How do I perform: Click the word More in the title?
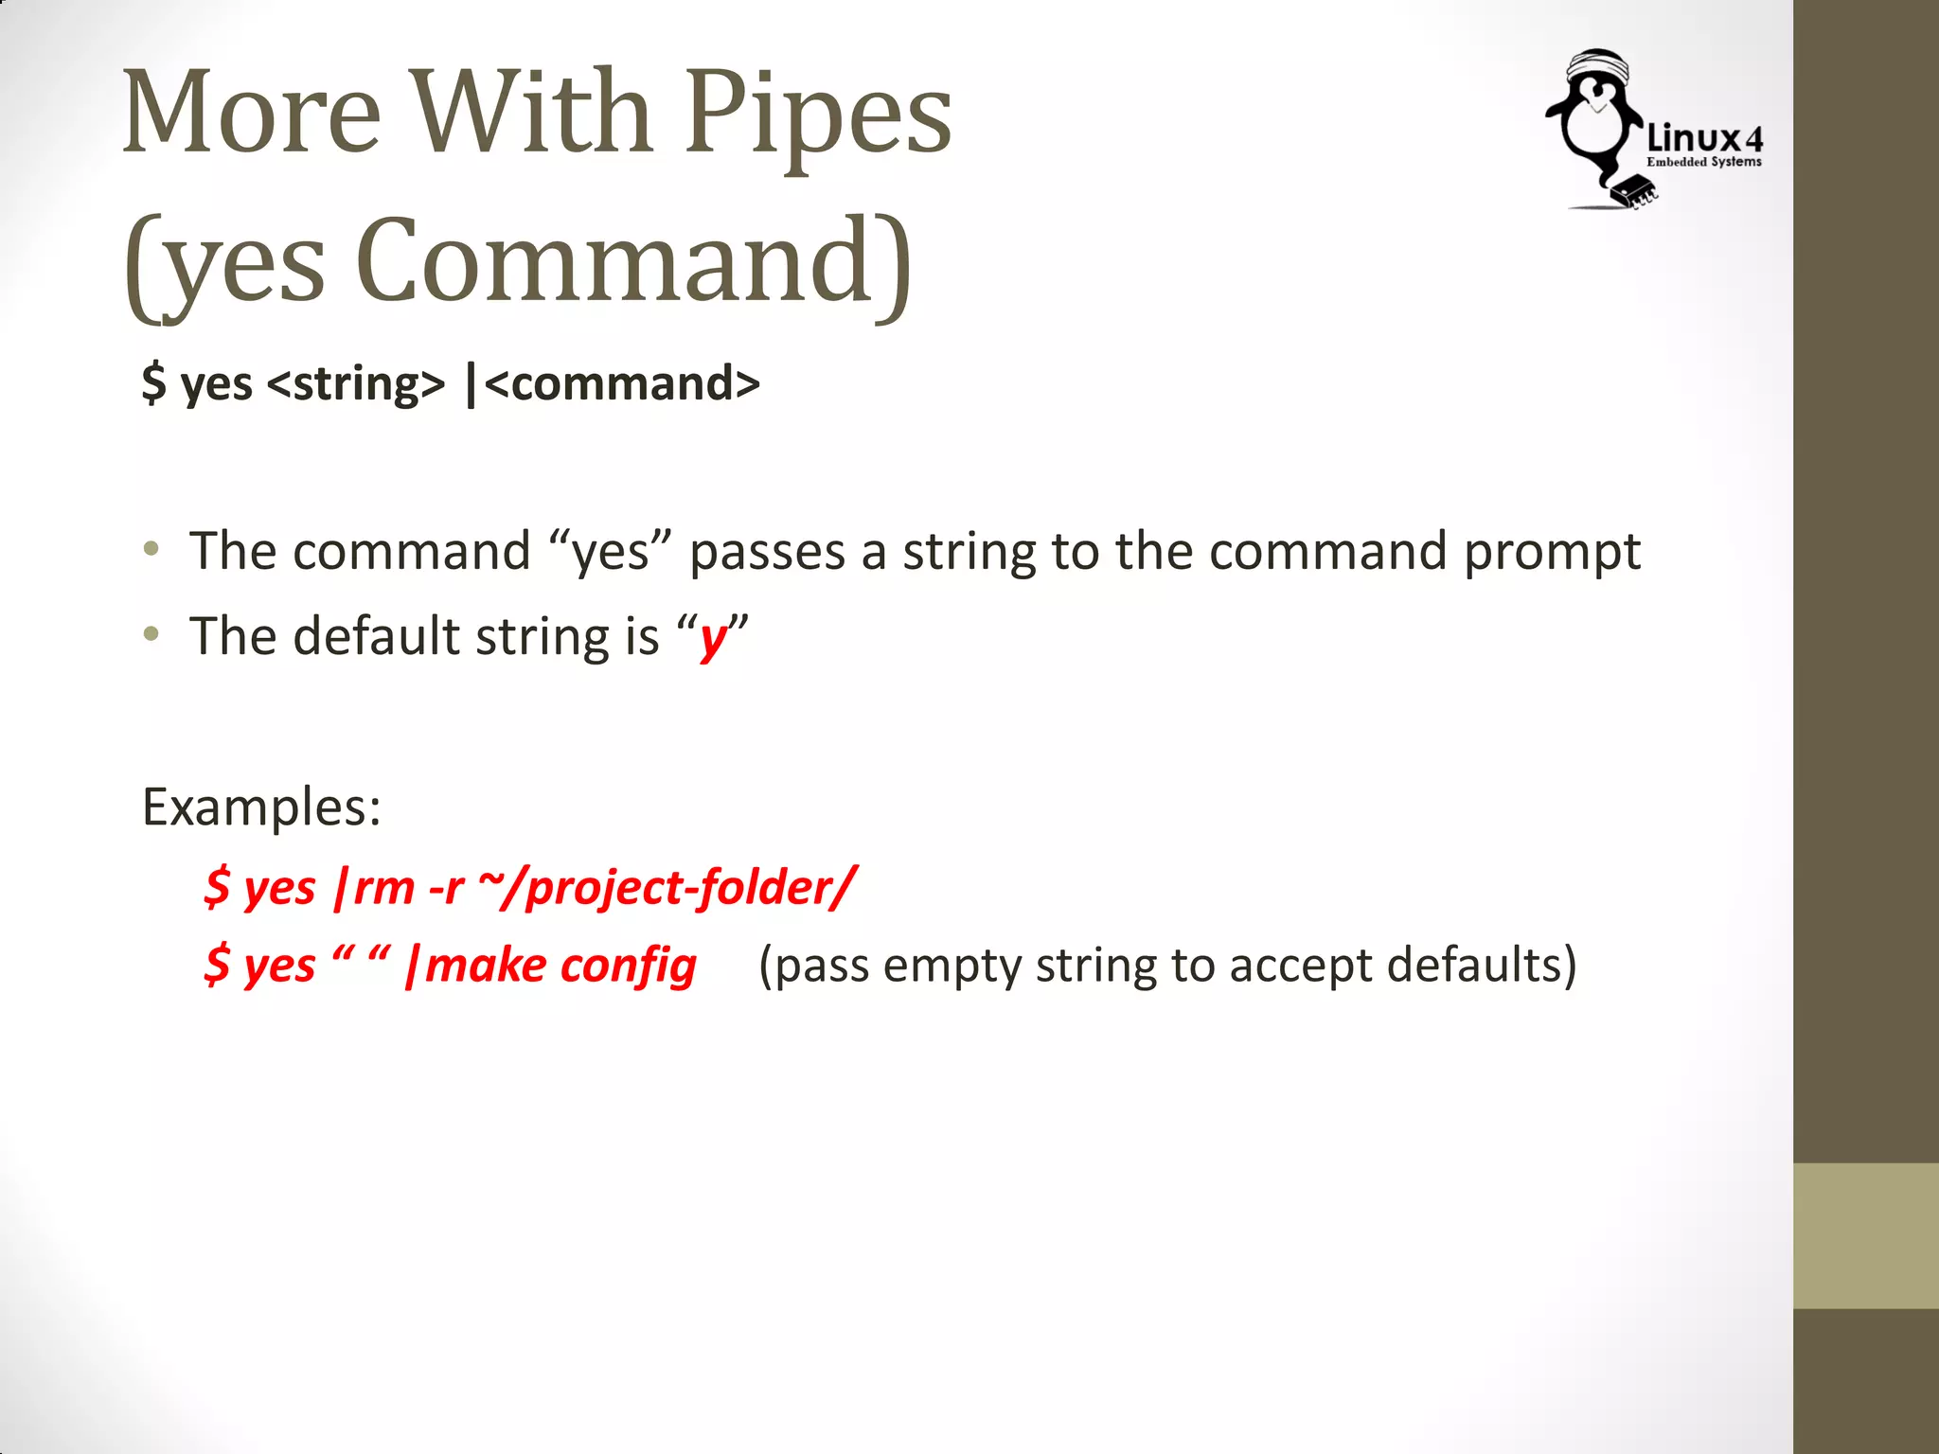click(252, 114)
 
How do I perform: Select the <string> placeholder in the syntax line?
click(356, 384)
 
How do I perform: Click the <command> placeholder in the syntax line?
click(622, 384)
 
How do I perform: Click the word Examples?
click(261, 808)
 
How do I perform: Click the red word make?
click(486, 966)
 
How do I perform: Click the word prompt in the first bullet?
click(1552, 553)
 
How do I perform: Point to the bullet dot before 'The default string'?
click(151, 634)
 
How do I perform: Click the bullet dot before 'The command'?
click(151, 549)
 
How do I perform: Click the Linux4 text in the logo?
click(1704, 139)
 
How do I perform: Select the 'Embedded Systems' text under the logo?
click(1704, 162)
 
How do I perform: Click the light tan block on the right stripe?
click(1866, 1235)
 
